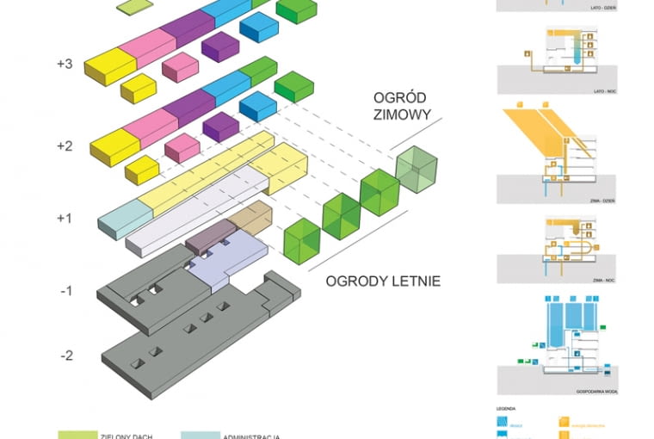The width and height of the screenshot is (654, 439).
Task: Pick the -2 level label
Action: coord(65,355)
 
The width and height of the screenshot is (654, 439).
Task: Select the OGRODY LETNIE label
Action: coord(383,281)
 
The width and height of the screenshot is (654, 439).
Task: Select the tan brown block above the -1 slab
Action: coord(251,216)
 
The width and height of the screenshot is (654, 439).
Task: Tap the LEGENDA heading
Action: coord(506,405)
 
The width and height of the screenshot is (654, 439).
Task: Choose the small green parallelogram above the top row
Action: coord(132,7)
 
